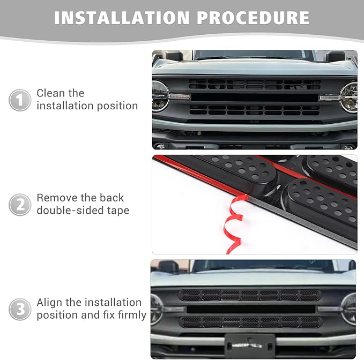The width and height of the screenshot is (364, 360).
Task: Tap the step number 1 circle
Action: click(x=19, y=100)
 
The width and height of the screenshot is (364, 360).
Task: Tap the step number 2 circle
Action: click(x=19, y=205)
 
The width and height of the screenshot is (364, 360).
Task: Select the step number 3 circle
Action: click(x=19, y=310)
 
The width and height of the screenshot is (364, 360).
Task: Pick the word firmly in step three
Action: click(x=132, y=315)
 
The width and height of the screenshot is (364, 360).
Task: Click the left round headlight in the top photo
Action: click(x=160, y=96)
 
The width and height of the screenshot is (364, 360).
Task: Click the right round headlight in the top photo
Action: click(x=349, y=97)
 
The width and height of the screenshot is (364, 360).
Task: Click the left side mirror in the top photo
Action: click(x=174, y=56)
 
